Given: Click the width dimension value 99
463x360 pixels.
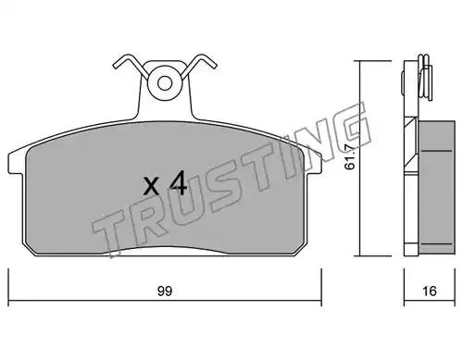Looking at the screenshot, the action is (x=165, y=292).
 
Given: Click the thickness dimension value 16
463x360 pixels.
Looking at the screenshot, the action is (x=430, y=291).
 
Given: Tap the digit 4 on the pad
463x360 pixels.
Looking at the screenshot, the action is (x=178, y=183).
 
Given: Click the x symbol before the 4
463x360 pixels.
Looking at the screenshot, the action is (x=151, y=186).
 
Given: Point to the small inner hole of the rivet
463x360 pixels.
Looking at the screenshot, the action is (x=164, y=83).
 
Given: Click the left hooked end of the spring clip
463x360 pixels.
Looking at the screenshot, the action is (x=117, y=65).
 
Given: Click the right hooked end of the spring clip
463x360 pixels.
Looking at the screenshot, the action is (x=213, y=65).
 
